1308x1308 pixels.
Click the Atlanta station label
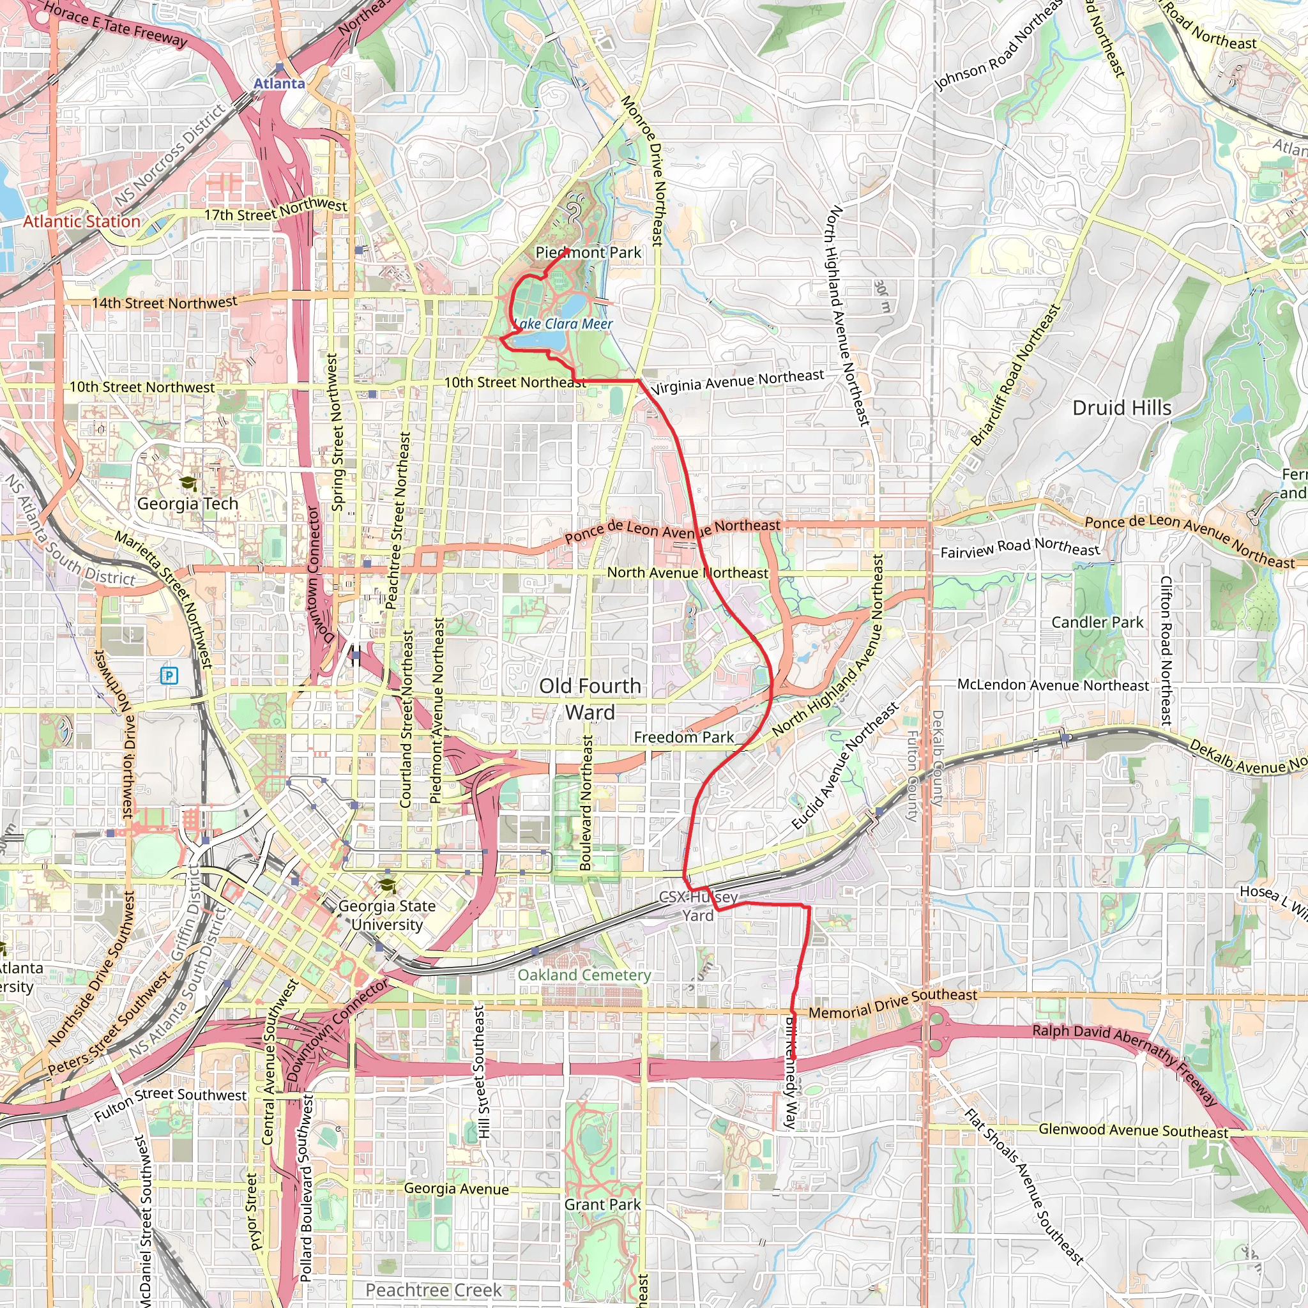point(279,83)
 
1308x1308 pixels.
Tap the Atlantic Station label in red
point(82,222)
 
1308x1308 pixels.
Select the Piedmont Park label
point(588,252)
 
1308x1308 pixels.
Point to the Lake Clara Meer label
point(563,324)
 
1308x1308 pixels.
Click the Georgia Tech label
point(188,504)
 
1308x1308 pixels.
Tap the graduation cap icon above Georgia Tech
point(188,483)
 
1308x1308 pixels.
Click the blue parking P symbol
point(169,675)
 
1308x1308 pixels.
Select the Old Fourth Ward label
point(589,699)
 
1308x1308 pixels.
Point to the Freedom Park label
point(684,736)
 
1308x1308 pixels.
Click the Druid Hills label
point(1122,407)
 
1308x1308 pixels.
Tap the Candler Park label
point(1097,622)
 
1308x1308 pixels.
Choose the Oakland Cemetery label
point(584,975)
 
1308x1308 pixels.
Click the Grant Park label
point(602,1205)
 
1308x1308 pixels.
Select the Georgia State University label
point(386,915)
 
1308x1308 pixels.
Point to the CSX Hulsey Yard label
point(698,906)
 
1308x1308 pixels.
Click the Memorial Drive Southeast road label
point(893,1003)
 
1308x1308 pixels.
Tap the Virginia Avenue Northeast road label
point(736,382)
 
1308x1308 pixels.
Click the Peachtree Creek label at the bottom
point(434,1290)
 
